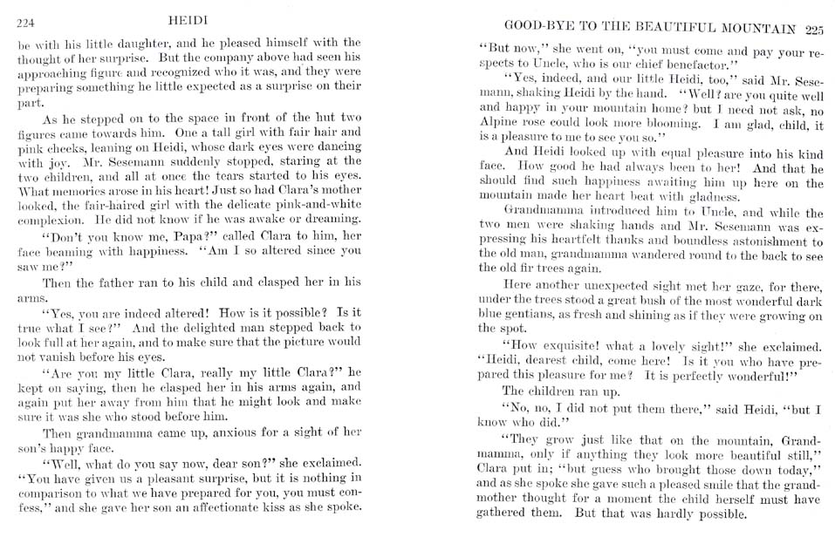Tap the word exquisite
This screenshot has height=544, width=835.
(563, 344)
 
